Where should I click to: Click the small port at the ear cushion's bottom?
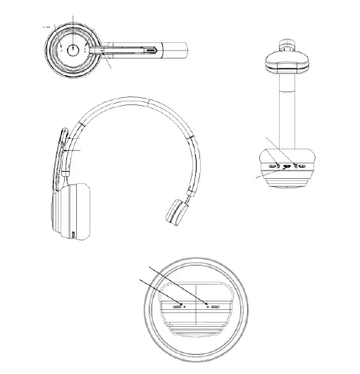pyautogui.click(x=74, y=234)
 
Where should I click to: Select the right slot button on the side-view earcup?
pyautogui.click(x=301, y=166)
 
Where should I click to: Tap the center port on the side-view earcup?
pyautogui.click(x=286, y=167)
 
